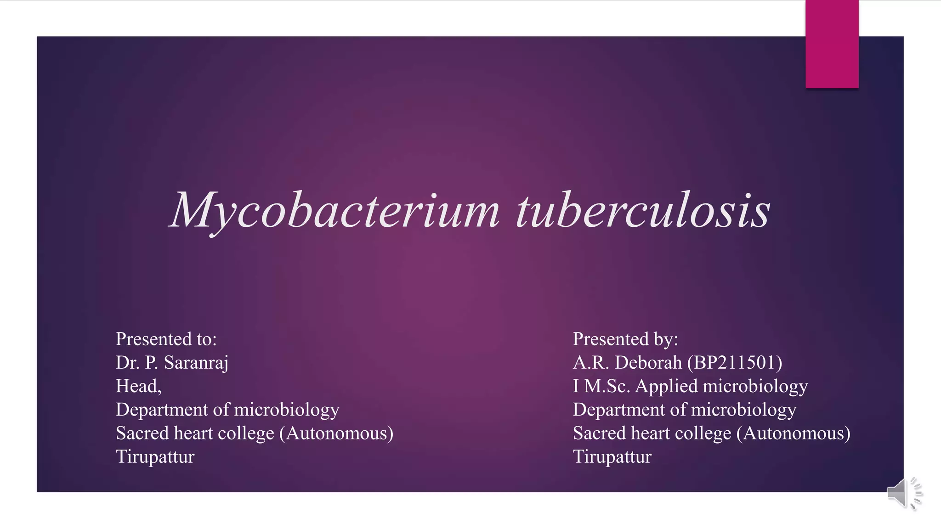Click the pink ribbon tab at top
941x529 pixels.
tap(832, 44)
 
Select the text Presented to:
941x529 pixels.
tap(166, 339)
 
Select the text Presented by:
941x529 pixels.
tap(625, 339)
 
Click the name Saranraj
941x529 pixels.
tap(196, 363)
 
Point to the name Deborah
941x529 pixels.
tap(648, 363)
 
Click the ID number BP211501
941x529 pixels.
tap(735, 363)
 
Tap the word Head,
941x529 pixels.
tap(138, 386)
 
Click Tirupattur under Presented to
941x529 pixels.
tap(155, 457)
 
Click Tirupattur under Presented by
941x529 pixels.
tap(612, 457)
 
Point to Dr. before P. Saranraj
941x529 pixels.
tap(127, 363)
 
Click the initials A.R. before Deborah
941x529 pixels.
tap(591, 363)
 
